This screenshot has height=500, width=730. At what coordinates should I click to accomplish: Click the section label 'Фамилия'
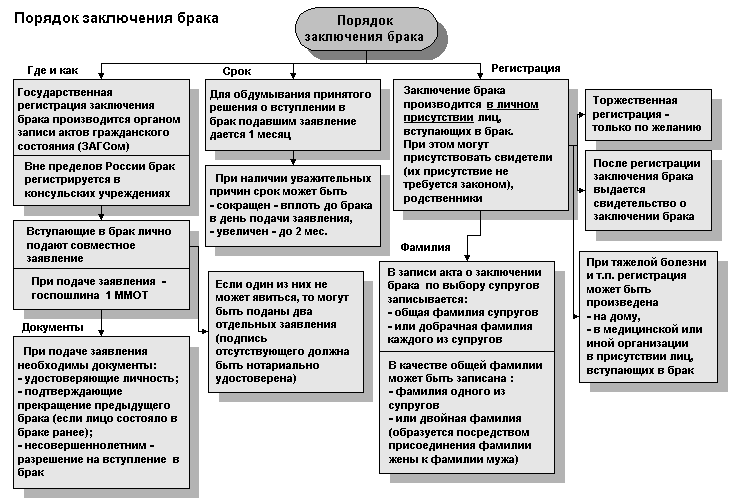425,247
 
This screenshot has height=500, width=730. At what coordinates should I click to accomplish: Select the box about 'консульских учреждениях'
98,180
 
